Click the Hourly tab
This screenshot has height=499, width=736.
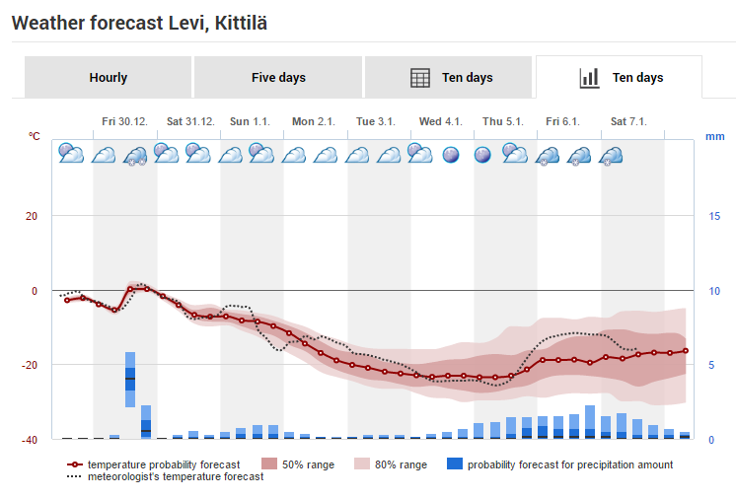click(x=108, y=77)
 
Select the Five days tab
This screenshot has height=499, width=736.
click(x=278, y=77)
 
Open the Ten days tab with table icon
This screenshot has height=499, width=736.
click(x=449, y=77)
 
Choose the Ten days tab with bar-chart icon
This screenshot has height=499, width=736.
click(x=620, y=77)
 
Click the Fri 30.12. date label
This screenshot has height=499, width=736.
click(x=125, y=121)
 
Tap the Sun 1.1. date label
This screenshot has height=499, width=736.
click(x=251, y=121)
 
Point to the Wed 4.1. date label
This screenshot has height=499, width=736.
click(x=441, y=121)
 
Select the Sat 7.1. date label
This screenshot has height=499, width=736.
click(x=628, y=121)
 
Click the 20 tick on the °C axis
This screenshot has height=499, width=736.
click(x=32, y=216)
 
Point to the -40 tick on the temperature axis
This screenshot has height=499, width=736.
click(x=29, y=440)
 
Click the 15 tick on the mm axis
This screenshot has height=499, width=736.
click(x=714, y=216)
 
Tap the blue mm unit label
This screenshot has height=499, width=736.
click(x=715, y=136)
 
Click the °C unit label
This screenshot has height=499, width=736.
click(x=35, y=136)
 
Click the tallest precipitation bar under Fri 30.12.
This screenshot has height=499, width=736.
click(x=130, y=380)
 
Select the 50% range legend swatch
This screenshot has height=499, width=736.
click(x=269, y=463)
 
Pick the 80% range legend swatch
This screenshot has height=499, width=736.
click(x=362, y=463)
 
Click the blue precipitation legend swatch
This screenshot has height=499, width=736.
click(x=455, y=463)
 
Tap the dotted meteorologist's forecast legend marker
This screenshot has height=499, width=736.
click(x=75, y=476)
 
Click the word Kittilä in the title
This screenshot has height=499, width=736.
click(x=241, y=23)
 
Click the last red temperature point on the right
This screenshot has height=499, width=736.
click(x=686, y=351)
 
